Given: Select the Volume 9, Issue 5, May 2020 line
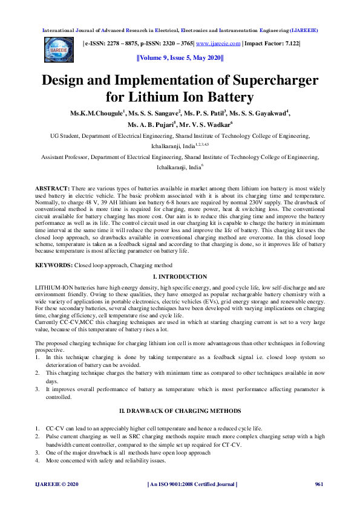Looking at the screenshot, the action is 180,59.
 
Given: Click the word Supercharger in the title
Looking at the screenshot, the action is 257,81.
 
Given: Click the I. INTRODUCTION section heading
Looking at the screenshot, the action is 180,276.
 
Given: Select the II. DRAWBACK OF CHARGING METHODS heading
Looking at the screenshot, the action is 180,410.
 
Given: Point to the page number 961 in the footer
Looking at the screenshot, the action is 320,484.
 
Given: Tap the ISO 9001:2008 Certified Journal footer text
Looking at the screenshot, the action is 192,484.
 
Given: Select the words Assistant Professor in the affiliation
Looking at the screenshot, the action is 65,157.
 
